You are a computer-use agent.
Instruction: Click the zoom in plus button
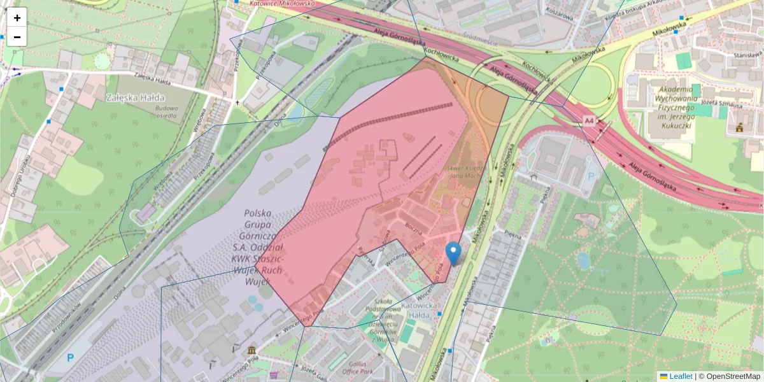[x=17, y=18]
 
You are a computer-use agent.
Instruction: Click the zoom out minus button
[x=17, y=37]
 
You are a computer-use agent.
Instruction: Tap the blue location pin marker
[x=453, y=253]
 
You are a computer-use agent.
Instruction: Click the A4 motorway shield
[x=588, y=120]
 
